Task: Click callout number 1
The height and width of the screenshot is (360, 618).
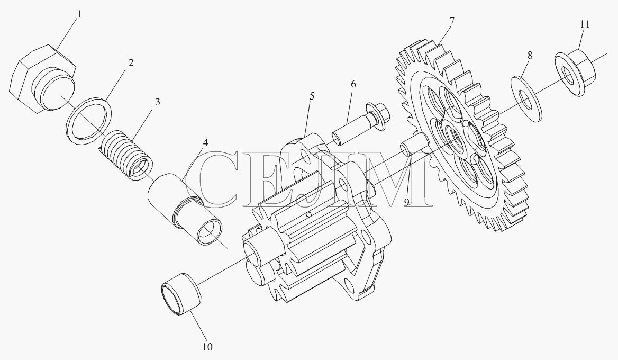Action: [79, 14]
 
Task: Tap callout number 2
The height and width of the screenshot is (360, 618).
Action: [131, 62]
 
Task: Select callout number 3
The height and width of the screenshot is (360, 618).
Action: [158, 102]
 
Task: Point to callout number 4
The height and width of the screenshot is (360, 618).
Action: [205, 142]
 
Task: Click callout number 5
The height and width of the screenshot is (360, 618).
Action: [312, 96]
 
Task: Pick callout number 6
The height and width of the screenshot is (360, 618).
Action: [353, 84]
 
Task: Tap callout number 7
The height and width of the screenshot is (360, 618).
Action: [452, 21]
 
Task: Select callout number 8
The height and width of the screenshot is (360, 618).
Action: [530, 55]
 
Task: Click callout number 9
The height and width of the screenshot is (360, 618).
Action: [406, 202]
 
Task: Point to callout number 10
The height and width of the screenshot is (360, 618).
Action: [207, 347]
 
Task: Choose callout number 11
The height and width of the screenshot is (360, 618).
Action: [585, 24]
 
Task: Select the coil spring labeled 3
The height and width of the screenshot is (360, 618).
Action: [125, 155]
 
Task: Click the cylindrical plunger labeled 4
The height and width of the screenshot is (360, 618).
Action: [185, 209]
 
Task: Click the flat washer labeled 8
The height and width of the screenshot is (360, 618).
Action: [526, 100]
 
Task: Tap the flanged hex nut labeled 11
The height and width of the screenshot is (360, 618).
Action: [575, 72]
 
